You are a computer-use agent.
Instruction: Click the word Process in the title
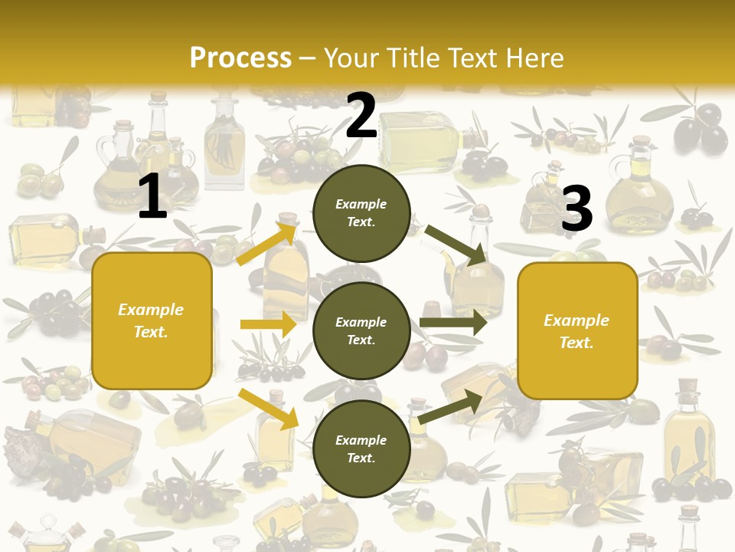click(240, 58)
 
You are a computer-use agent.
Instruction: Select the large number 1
click(152, 198)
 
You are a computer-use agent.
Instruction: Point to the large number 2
click(361, 116)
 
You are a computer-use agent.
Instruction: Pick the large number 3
click(577, 209)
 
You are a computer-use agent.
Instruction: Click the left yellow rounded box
click(152, 320)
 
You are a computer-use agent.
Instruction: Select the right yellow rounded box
click(577, 330)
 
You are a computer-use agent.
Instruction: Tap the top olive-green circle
click(361, 213)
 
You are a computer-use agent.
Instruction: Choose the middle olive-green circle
click(361, 330)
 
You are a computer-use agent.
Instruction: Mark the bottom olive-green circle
click(361, 449)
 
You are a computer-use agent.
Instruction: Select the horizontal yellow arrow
click(268, 324)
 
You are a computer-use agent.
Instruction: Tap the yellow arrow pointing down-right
click(269, 408)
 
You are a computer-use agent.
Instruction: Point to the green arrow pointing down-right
click(455, 245)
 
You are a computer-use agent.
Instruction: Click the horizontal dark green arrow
click(453, 323)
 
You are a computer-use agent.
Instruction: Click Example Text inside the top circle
click(361, 213)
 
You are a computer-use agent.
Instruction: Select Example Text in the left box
click(151, 320)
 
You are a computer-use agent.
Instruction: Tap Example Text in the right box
click(577, 331)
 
